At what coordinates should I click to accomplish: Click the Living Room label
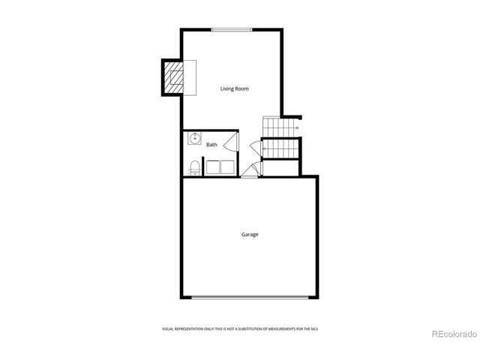click(234, 89)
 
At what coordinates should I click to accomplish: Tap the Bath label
click(212, 145)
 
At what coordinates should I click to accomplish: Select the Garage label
click(250, 235)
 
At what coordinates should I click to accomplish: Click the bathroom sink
click(194, 139)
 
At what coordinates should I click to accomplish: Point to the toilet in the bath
click(194, 166)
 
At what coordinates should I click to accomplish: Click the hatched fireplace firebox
click(173, 77)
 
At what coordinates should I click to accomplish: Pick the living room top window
click(231, 30)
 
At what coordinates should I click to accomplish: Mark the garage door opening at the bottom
click(249, 298)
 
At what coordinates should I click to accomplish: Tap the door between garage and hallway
click(249, 172)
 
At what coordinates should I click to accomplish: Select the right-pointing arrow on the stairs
click(297, 129)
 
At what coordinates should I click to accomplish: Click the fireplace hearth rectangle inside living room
click(188, 77)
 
